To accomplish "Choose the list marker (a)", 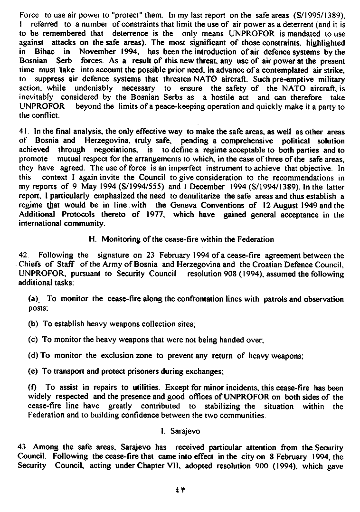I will pos(33,299).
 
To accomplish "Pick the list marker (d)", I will pos(34,355).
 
